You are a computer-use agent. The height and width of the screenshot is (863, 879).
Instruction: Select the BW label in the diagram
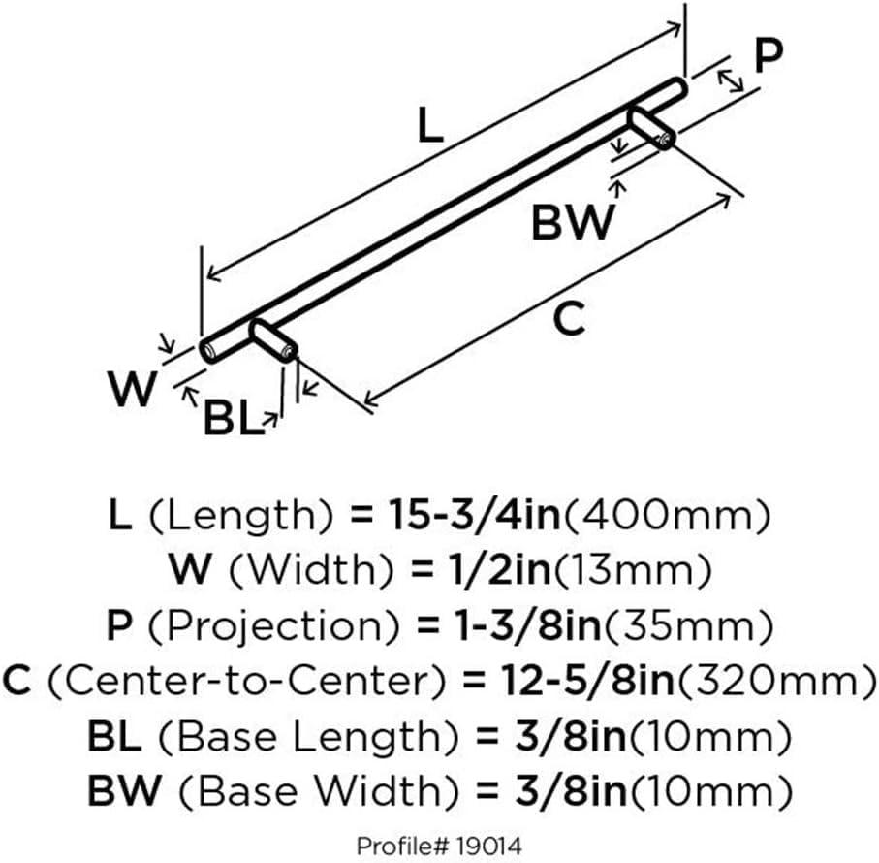572,222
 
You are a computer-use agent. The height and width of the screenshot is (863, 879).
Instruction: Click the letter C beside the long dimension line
572,318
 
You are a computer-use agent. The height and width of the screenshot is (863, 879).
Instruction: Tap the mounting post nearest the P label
651,129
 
